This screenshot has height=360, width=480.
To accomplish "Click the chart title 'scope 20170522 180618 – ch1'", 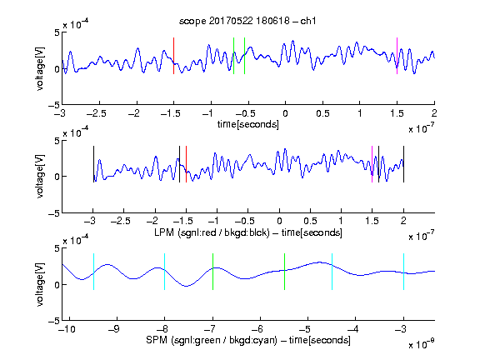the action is click(247, 21).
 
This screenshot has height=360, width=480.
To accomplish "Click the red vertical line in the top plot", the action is click(173, 56).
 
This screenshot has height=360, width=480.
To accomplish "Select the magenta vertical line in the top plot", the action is click(397, 56).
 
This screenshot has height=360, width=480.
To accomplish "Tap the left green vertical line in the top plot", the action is click(233, 56).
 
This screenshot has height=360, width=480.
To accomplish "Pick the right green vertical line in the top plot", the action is click(244, 56).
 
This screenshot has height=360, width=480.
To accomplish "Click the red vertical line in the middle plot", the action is click(186, 164).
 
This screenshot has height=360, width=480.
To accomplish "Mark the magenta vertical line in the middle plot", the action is click(372, 164).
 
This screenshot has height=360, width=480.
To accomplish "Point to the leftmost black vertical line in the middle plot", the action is click(93, 164).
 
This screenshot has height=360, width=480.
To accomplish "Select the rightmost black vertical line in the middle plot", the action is click(403, 164).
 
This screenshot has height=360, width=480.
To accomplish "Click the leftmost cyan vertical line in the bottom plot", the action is click(93, 272).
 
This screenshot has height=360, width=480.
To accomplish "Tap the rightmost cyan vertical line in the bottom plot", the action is click(403, 272).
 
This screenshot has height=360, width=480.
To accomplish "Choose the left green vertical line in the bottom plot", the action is click(212, 272).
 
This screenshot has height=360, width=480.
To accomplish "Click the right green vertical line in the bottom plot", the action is click(284, 272).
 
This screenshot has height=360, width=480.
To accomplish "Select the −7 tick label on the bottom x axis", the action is click(211, 329).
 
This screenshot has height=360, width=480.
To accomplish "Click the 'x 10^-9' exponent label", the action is click(421, 344).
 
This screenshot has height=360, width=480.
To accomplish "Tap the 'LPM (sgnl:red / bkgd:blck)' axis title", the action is click(212, 232).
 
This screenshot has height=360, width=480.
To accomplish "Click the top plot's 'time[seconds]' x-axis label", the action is click(248, 124).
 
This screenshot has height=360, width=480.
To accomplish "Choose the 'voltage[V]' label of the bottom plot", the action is click(40, 284).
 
